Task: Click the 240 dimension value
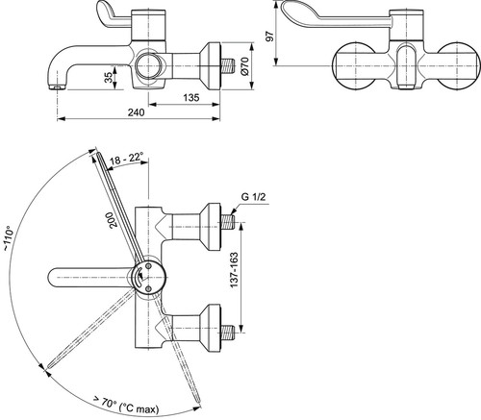click(137, 112)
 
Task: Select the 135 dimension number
click(191, 97)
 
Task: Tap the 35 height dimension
click(109, 78)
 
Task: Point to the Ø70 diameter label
click(244, 66)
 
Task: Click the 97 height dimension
click(271, 36)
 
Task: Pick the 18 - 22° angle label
click(126, 159)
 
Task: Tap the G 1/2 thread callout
click(253, 196)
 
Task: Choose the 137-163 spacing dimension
click(234, 270)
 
